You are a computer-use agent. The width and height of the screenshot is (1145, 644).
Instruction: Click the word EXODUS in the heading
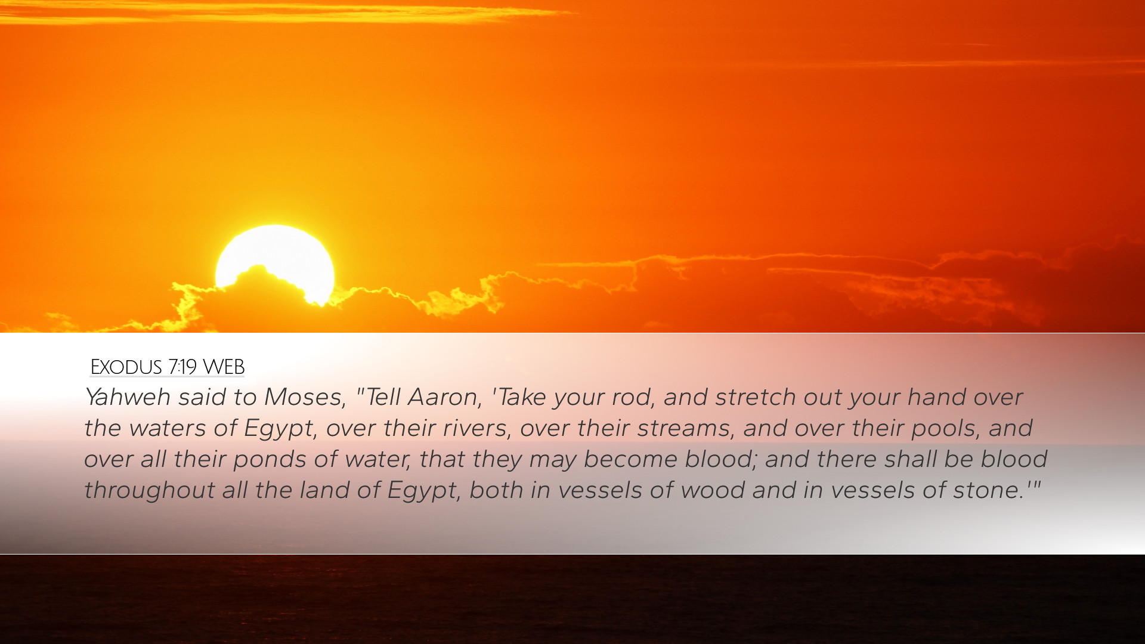point(126,367)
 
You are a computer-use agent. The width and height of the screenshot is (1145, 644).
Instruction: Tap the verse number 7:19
point(182,367)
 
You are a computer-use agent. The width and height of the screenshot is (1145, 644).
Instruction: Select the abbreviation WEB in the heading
point(224,367)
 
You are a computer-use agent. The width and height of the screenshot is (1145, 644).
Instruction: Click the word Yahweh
point(128,397)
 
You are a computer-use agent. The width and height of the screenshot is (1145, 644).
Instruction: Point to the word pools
point(945,429)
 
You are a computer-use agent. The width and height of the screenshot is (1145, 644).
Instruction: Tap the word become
point(630,459)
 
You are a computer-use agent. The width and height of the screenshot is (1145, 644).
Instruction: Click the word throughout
point(149,491)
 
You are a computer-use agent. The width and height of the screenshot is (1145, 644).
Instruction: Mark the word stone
point(988,491)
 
